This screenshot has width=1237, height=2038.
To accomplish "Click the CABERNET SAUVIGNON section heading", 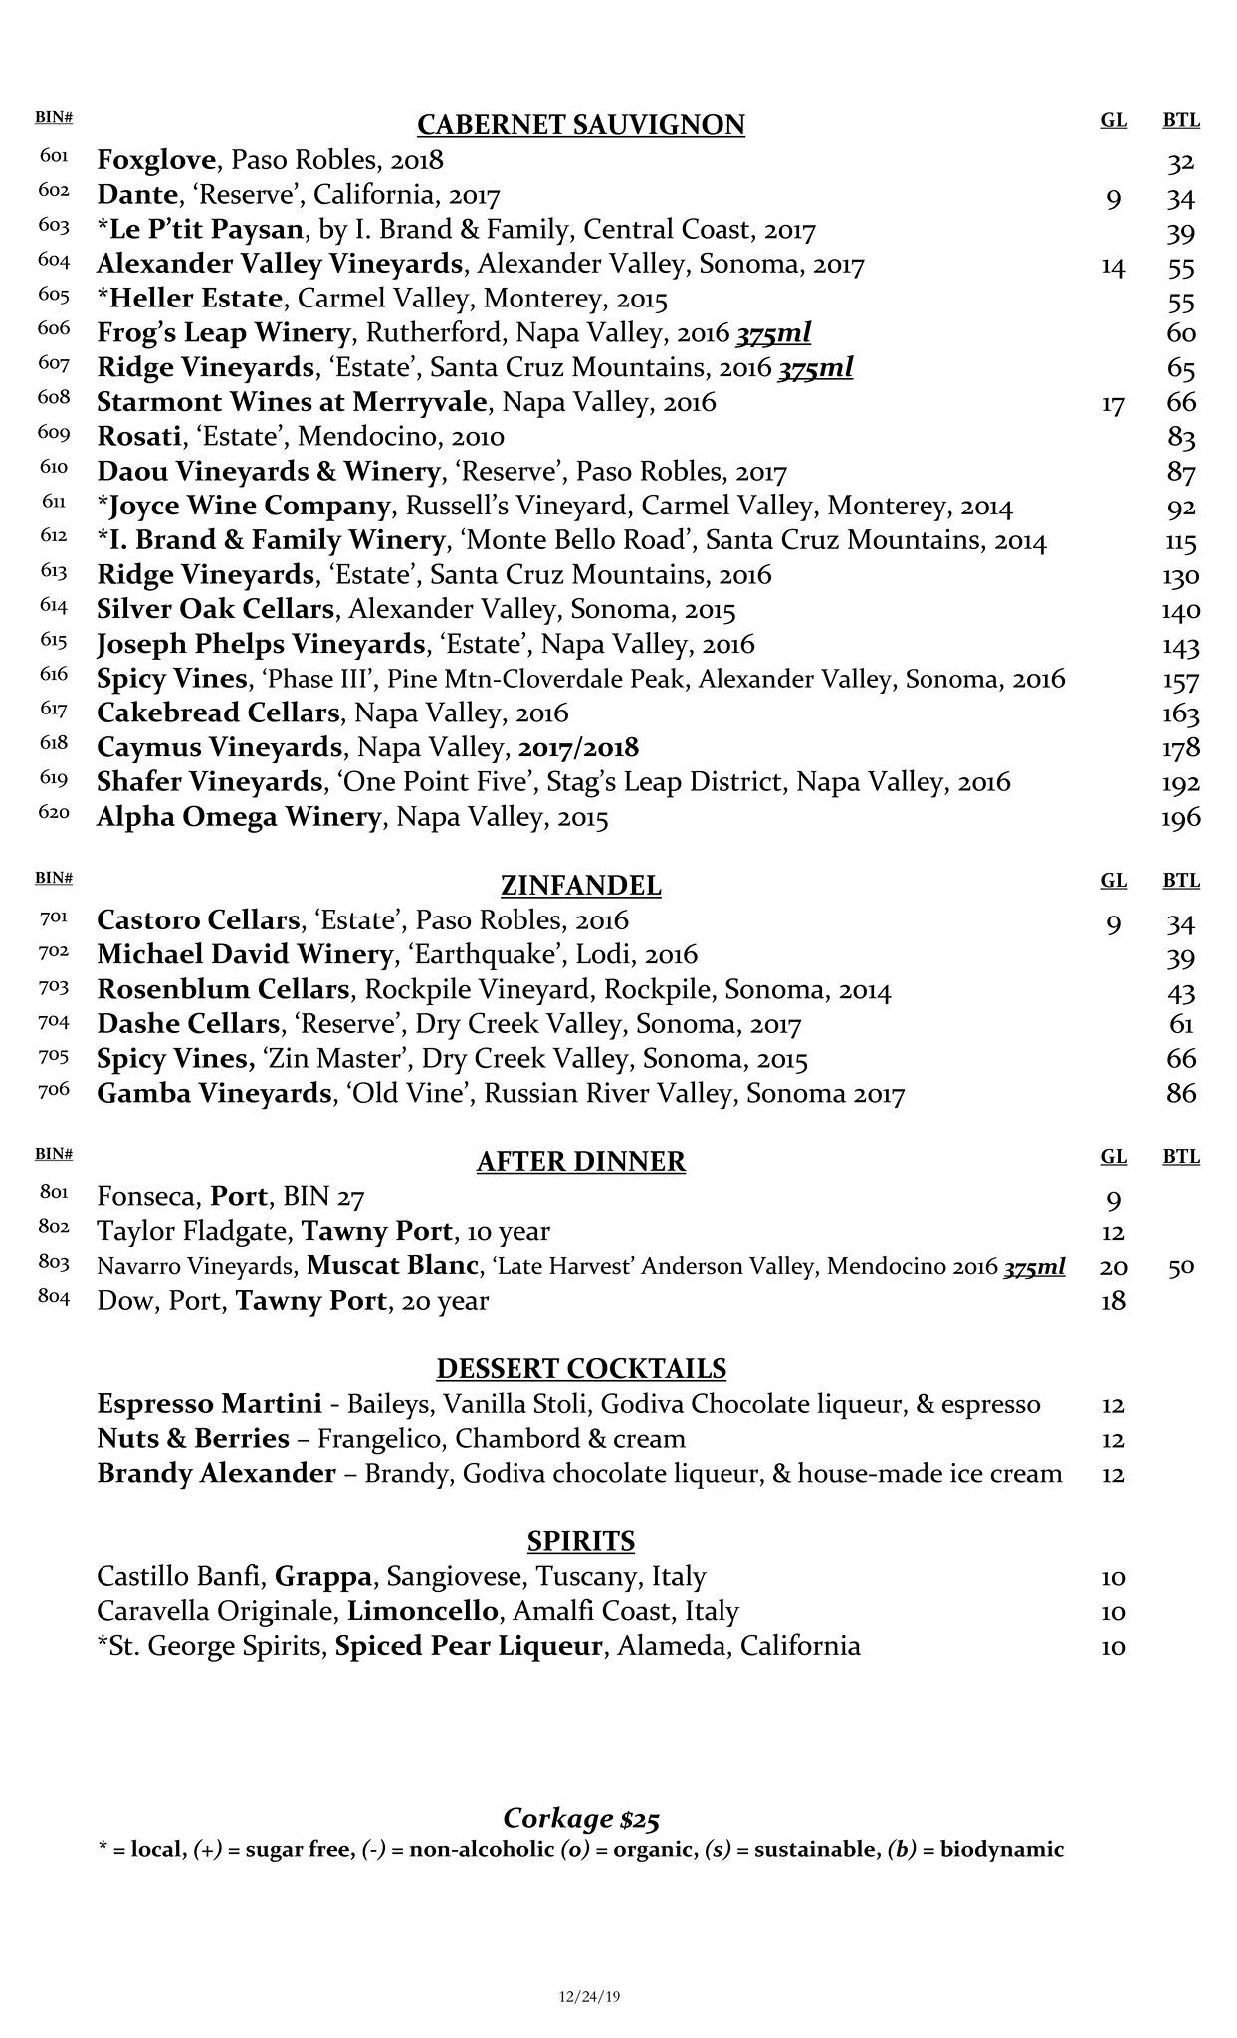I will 580,125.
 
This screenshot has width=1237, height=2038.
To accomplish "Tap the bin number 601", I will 54,156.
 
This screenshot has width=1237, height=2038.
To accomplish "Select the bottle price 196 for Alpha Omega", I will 1180,818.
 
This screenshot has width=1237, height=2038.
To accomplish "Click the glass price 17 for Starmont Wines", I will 1113,404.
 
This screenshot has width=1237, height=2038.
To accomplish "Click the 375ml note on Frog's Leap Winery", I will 773,333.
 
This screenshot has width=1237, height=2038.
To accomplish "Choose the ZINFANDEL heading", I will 580,886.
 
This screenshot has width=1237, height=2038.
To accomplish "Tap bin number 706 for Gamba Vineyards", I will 54,1089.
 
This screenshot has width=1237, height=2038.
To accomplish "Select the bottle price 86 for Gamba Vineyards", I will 1180,1094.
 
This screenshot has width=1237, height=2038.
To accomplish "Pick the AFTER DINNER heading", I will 580,1162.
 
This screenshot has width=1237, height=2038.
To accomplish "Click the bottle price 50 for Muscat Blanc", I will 1181,1267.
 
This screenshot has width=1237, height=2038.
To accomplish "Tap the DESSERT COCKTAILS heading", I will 580,1369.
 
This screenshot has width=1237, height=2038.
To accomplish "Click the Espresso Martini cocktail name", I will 209,1404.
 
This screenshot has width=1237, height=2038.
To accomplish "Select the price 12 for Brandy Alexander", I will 1113,1474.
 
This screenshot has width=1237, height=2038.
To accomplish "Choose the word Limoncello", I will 423,1611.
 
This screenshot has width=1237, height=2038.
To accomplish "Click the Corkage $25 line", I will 581,1818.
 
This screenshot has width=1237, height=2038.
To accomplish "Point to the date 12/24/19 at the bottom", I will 589,1995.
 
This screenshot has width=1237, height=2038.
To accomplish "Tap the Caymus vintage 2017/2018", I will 579,747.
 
